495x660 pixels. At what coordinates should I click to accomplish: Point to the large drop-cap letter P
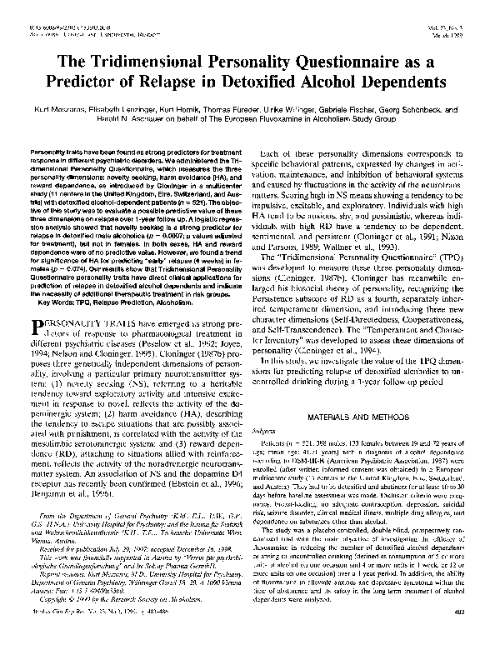(45, 299)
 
